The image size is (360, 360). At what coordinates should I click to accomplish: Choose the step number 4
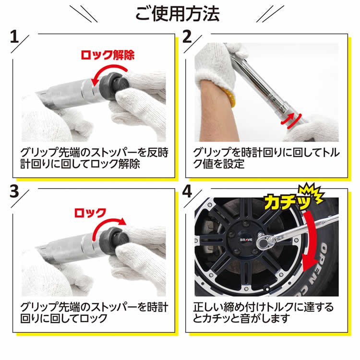click(x=188, y=192)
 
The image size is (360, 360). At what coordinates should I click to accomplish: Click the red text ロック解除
click(x=107, y=55)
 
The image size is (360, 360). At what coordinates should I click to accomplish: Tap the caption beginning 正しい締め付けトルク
click(x=264, y=312)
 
